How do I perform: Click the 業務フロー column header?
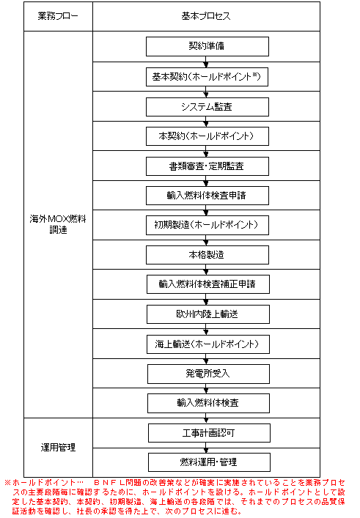pos(58,16)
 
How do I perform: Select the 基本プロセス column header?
pos(206,16)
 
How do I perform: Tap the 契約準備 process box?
pos(207,46)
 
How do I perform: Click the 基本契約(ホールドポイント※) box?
pos(207,77)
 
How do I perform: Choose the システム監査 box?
pos(207,107)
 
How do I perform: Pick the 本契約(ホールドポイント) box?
pos(207,136)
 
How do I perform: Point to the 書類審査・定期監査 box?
pos(207,166)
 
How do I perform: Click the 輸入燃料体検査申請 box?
pos(207,196)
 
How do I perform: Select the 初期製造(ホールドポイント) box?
pos(207,226)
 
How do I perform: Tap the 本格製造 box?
pos(207,255)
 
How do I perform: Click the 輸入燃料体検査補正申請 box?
pos(208,284)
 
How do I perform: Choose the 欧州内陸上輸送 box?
pos(208,314)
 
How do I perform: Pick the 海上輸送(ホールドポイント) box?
pos(208,344)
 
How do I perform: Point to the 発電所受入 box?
pos(208,374)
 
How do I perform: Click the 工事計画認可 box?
pos(209,433)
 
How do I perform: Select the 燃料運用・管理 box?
pos(209,462)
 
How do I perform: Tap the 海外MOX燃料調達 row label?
pos(58,224)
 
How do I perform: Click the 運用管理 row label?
pos(58,448)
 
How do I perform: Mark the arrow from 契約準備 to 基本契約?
pos(206,62)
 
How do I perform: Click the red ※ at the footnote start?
pos(7,483)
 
